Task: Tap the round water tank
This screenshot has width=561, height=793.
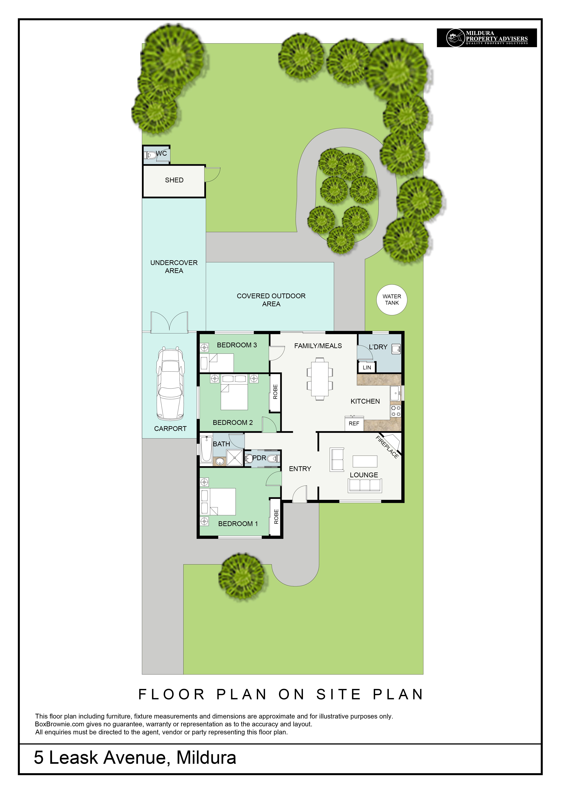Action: click(392, 300)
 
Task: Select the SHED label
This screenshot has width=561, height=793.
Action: click(174, 180)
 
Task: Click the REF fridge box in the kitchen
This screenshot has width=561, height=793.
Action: click(354, 423)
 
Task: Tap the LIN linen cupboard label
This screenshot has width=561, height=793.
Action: click(367, 367)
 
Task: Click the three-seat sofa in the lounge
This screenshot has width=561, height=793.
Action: click(365, 485)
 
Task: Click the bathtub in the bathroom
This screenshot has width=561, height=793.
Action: click(207, 449)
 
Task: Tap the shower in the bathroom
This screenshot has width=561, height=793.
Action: click(235, 458)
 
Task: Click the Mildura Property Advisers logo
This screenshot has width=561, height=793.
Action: click(487, 38)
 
